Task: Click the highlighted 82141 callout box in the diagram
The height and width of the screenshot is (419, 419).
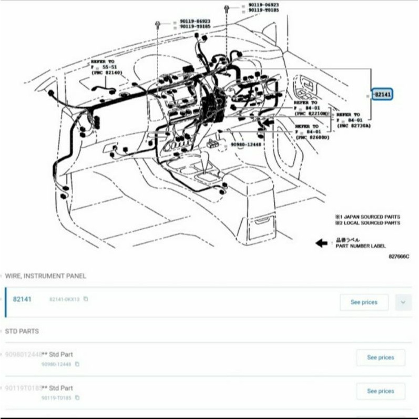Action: point(382,95)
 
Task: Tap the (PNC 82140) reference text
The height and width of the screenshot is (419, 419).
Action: point(107,73)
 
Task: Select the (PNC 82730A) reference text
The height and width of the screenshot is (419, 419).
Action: point(354,126)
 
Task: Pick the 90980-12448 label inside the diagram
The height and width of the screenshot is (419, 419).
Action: point(246,144)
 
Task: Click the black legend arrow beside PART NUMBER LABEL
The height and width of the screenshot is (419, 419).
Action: point(321,242)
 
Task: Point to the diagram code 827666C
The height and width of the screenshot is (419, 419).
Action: point(398,257)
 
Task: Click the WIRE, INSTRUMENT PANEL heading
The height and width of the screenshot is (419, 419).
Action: point(45,276)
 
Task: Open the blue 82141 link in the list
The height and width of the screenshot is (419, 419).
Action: point(22,299)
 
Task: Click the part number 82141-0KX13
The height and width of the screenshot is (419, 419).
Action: point(64,299)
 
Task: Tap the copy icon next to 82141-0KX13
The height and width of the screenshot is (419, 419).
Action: point(86,299)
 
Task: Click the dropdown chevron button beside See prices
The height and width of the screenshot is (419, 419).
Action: point(403,302)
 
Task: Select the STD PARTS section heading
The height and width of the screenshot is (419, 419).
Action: point(22,331)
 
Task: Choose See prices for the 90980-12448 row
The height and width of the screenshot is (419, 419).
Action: point(380,357)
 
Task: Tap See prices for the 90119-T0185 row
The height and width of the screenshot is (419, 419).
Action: point(380,391)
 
